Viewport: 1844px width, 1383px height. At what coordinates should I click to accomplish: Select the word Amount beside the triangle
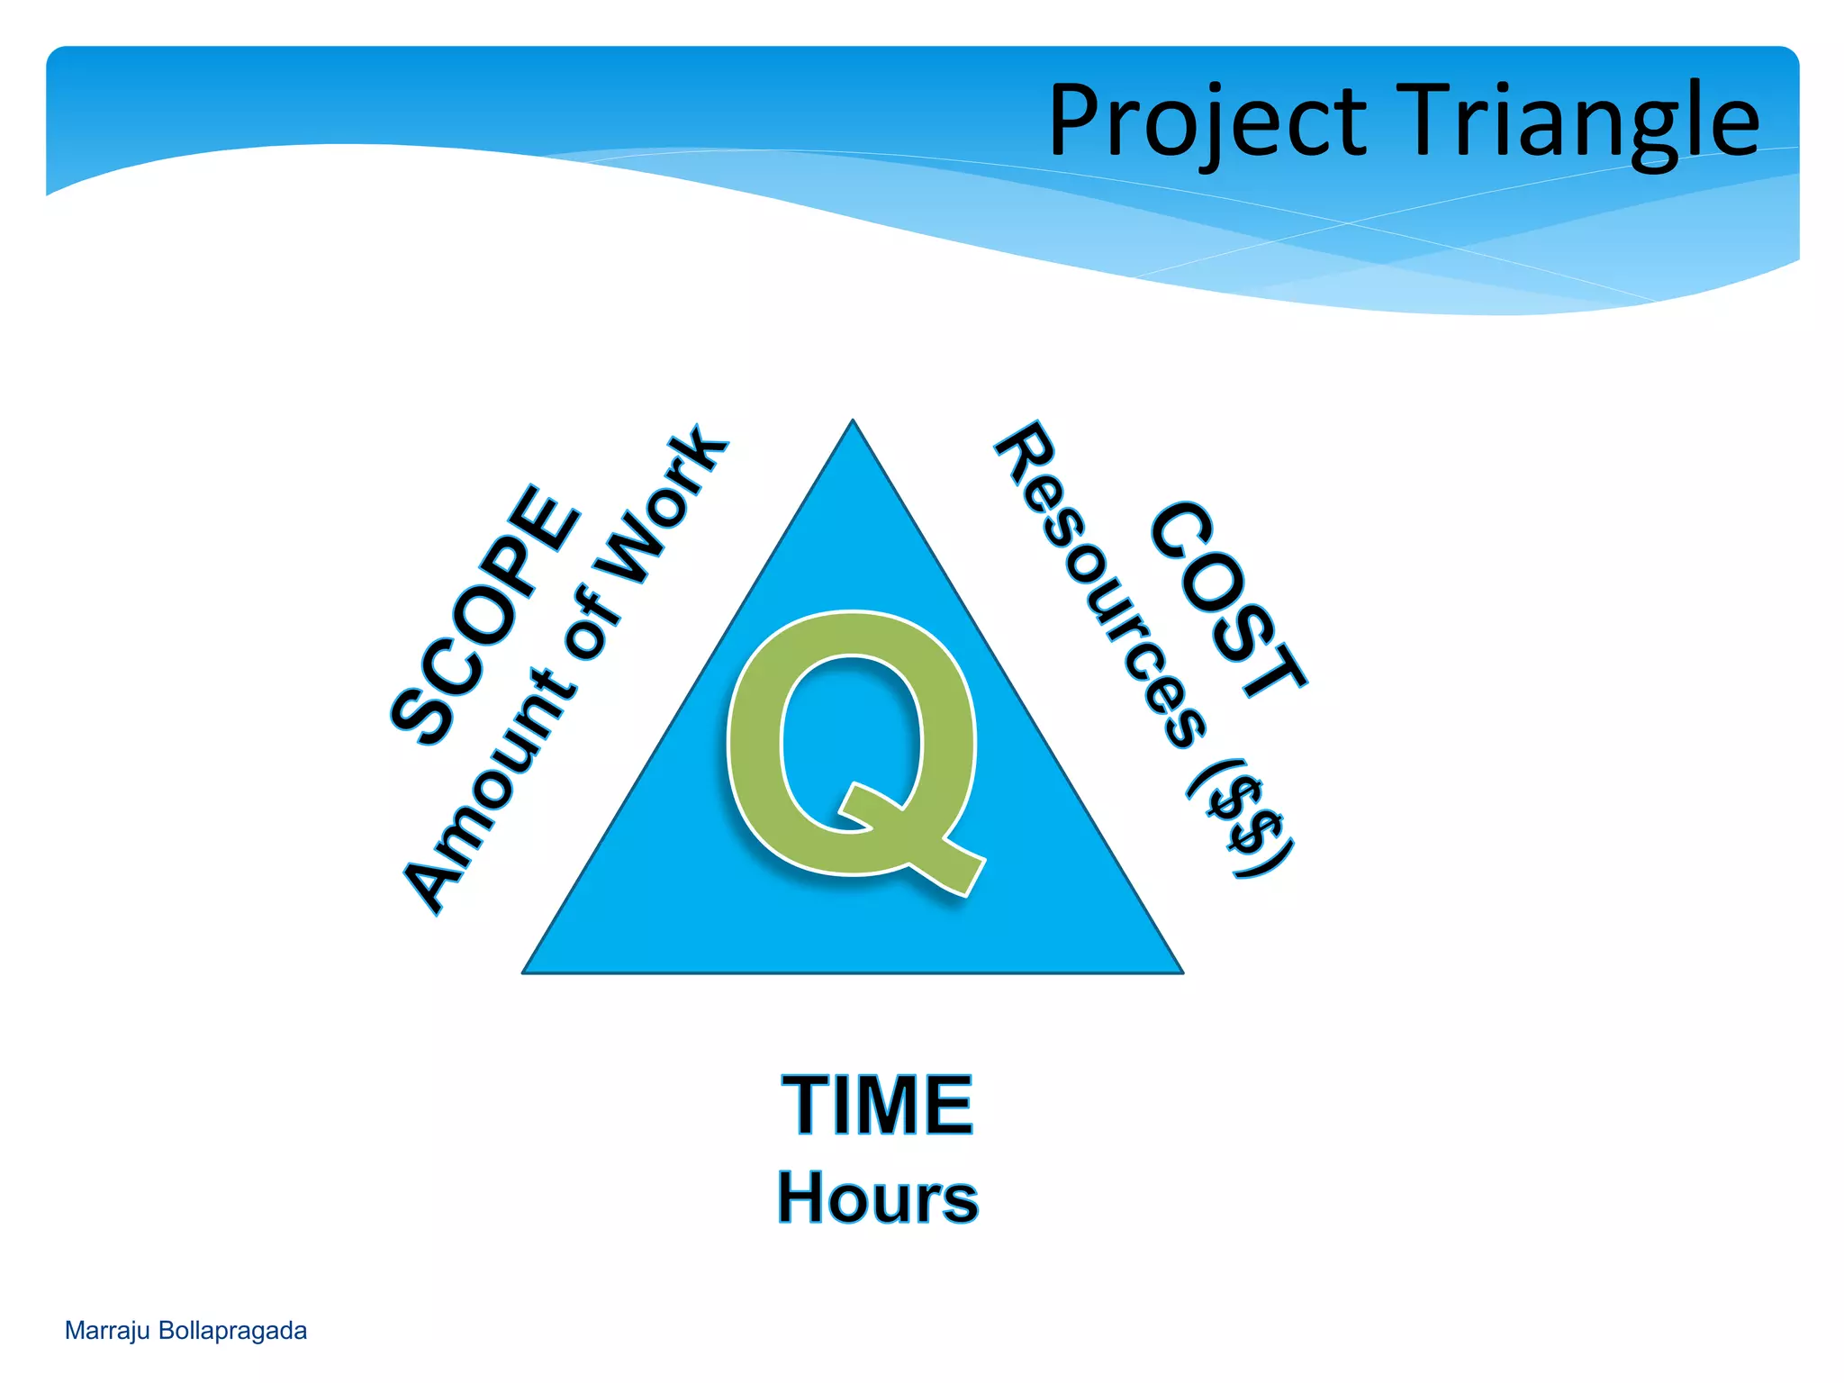487,801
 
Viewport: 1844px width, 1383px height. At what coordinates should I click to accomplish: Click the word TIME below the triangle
877,1105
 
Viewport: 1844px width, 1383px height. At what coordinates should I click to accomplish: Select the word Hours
877,1198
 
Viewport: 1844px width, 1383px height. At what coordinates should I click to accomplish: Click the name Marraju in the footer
106,1331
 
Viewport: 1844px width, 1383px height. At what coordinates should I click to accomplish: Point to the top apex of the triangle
853,423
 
